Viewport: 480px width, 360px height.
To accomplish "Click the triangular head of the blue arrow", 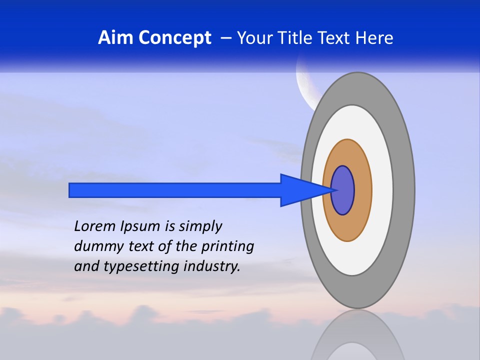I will tap(300, 190).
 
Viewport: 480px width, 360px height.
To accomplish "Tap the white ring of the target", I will tap(382, 190).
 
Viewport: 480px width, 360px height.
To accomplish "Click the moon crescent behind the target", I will tap(302, 85).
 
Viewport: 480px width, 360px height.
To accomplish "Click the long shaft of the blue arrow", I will tap(175, 190).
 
